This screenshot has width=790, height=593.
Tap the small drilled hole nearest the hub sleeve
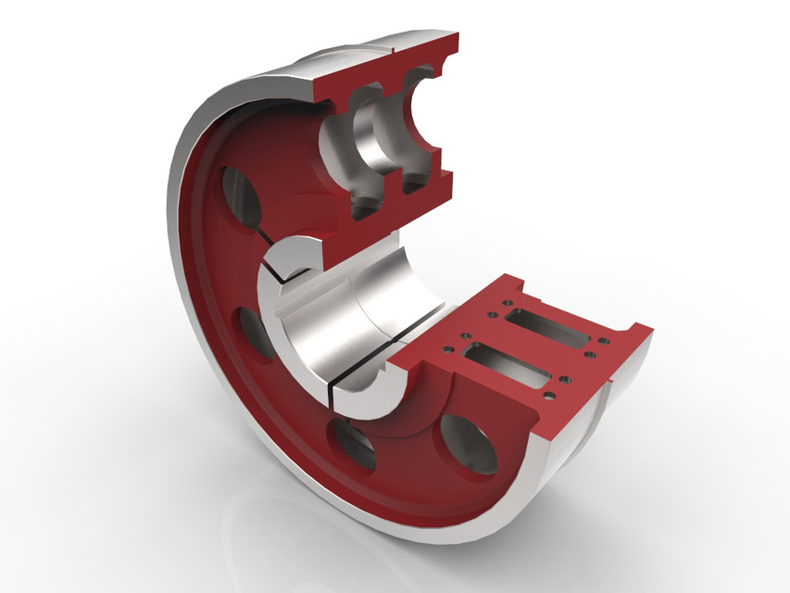point(438,350)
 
